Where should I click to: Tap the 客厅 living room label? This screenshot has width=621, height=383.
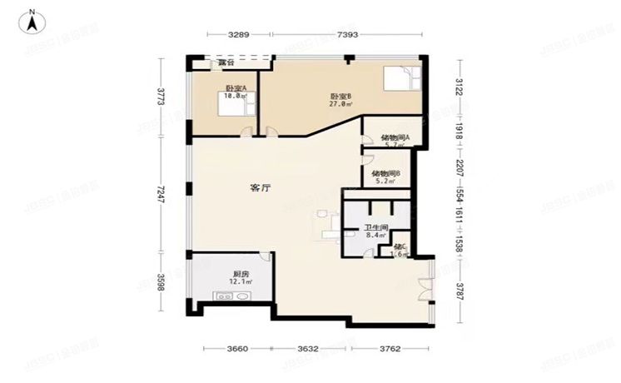pyautogui.click(x=261, y=188)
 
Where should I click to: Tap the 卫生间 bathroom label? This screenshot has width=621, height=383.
pyautogui.click(x=375, y=231)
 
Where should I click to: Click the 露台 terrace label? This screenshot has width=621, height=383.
pyautogui.click(x=226, y=62)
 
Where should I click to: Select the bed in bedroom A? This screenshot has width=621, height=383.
pyautogui.click(x=231, y=106)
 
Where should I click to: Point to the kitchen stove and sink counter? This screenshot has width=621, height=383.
pyautogui.click(x=234, y=296)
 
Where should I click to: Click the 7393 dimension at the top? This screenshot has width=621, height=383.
pyautogui.click(x=348, y=35)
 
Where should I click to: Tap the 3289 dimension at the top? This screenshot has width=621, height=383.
pyautogui.click(x=239, y=35)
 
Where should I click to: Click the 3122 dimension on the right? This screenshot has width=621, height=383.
pyautogui.click(x=458, y=87)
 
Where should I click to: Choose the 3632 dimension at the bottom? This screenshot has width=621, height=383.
pyautogui.click(x=309, y=350)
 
